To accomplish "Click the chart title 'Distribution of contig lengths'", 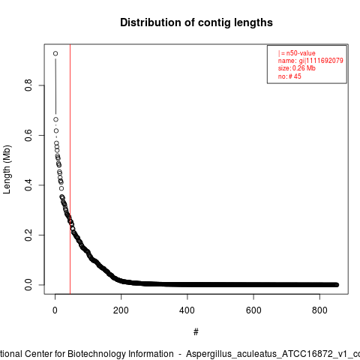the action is pyautogui.click(x=196, y=22).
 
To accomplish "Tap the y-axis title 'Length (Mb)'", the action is pyautogui.click(x=7, y=169).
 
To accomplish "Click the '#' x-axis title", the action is pyautogui.click(x=196, y=331).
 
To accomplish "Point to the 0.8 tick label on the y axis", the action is pyautogui.click(x=28, y=85).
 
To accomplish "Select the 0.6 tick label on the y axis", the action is pyautogui.click(x=28, y=135).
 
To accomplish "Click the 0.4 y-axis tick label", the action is pyautogui.click(x=28, y=185).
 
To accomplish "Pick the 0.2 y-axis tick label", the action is pyautogui.click(x=28, y=235).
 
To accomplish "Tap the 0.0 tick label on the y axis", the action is pyautogui.click(x=28, y=285).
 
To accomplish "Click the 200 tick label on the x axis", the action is pyautogui.click(x=121, y=310).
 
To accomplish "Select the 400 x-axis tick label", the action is pyautogui.click(x=187, y=310).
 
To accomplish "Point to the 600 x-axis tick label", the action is pyautogui.click(x=253, y=310).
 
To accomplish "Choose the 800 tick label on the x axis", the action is pyautogui.click(x=319, y=310).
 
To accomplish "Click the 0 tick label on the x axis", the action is pyautogui.click(x=55, y=310).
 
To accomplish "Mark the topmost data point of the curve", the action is pyautogui.click(x=55, y=53).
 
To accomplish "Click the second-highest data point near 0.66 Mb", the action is pyautogui.click(x=55, y=119).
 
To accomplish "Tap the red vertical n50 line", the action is pyautogui.click(x=70, y=169).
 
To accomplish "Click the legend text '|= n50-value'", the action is pyautogui.click(x=297, y=53).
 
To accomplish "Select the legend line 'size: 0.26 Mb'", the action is pyautogui.click(x=297, y=68).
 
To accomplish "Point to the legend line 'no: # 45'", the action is pyautogui.click(x=289, y=76).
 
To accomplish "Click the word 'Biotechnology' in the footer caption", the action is pyautogui.click(x=97, y=354).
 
